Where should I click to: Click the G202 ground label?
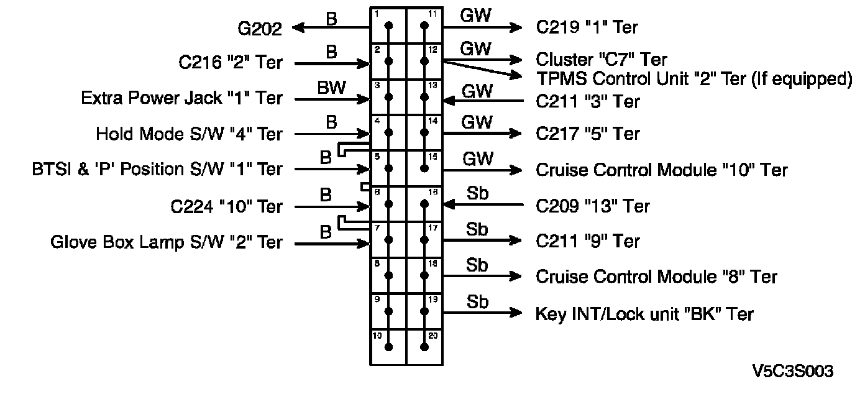(259, 28)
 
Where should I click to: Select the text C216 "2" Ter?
(230, 63)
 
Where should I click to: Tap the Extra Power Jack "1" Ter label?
(181, 98)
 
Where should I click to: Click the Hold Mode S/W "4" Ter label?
(189, 134)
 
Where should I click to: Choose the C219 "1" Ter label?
(587, 27)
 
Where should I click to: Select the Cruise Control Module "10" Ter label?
(661, 170)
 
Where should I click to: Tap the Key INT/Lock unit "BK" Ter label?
(644, 314)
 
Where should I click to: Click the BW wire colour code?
(331, 88)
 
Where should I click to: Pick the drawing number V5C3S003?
(792, 372)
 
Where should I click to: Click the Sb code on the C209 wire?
(477, 194)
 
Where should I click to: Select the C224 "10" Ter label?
(226, 206)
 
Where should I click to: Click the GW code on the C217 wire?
(477, 122)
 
